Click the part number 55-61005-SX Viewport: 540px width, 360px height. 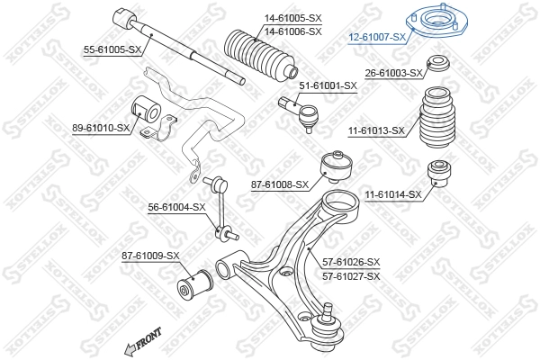[112, 50]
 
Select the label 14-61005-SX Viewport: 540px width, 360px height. [292, 19]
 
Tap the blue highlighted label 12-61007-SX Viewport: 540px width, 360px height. [377, 37]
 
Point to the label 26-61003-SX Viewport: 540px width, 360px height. [393, 73]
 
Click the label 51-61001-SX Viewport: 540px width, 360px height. [328, 86]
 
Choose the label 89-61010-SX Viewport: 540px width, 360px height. [101, 129]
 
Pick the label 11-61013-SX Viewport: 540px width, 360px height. [377, 130]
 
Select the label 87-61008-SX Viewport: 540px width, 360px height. [280, 184]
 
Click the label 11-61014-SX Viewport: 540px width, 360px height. [393, 194]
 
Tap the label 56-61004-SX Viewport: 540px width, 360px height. [177, 207]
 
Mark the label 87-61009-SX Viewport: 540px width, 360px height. [150, 256]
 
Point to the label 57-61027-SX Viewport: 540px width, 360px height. [351, 275]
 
